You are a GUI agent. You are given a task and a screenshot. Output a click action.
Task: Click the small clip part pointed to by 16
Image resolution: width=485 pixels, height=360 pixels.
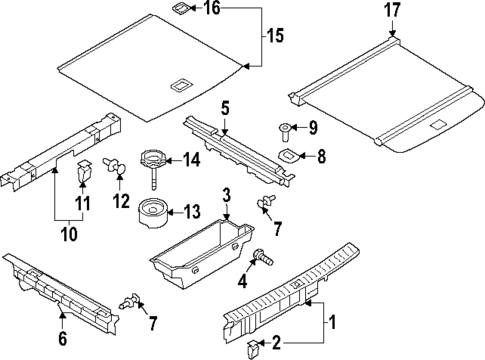(178, 10)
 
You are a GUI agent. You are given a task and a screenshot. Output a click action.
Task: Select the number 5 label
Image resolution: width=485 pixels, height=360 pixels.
(225, 107)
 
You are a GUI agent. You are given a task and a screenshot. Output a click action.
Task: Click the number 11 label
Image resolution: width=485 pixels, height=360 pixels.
(84, 204)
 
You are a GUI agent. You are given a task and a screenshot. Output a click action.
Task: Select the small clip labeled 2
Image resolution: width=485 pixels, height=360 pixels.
(254, 347)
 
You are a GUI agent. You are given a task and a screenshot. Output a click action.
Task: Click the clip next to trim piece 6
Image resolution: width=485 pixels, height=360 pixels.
(128, 298)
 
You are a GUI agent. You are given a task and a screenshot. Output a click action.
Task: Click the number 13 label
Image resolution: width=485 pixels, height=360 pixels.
(190, 211)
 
